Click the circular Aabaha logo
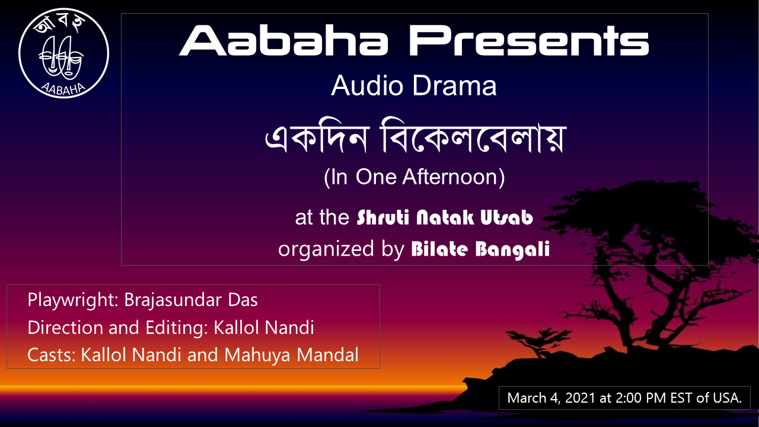63,53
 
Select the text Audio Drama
414,86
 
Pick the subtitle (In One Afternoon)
414,177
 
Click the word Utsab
507,217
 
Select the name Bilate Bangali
480,249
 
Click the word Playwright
72,301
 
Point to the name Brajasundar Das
191,300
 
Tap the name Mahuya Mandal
291,355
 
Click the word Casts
51,355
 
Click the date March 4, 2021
551,398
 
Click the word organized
326,250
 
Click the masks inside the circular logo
61,56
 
